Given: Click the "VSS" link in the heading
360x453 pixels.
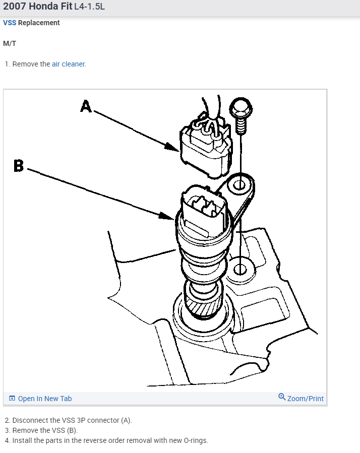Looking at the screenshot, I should pos(10,23).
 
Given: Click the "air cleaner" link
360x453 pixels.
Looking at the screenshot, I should pos(69,64).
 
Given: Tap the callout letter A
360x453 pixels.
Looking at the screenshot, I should pos(86,106).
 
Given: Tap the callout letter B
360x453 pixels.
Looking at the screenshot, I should pos(19,165).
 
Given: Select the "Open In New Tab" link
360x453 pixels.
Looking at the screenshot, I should pos(45,399).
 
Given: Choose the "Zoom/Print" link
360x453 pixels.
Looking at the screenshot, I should pos(305,399).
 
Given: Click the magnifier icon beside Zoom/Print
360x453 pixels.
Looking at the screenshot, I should pos(282,397).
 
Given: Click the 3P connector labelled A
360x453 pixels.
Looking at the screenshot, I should pos(206,149).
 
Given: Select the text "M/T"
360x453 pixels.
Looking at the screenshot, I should pos(10,43).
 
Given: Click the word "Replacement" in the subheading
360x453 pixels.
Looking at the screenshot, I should pos(39,23).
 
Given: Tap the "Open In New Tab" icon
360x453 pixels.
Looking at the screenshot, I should pos(12,399).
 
